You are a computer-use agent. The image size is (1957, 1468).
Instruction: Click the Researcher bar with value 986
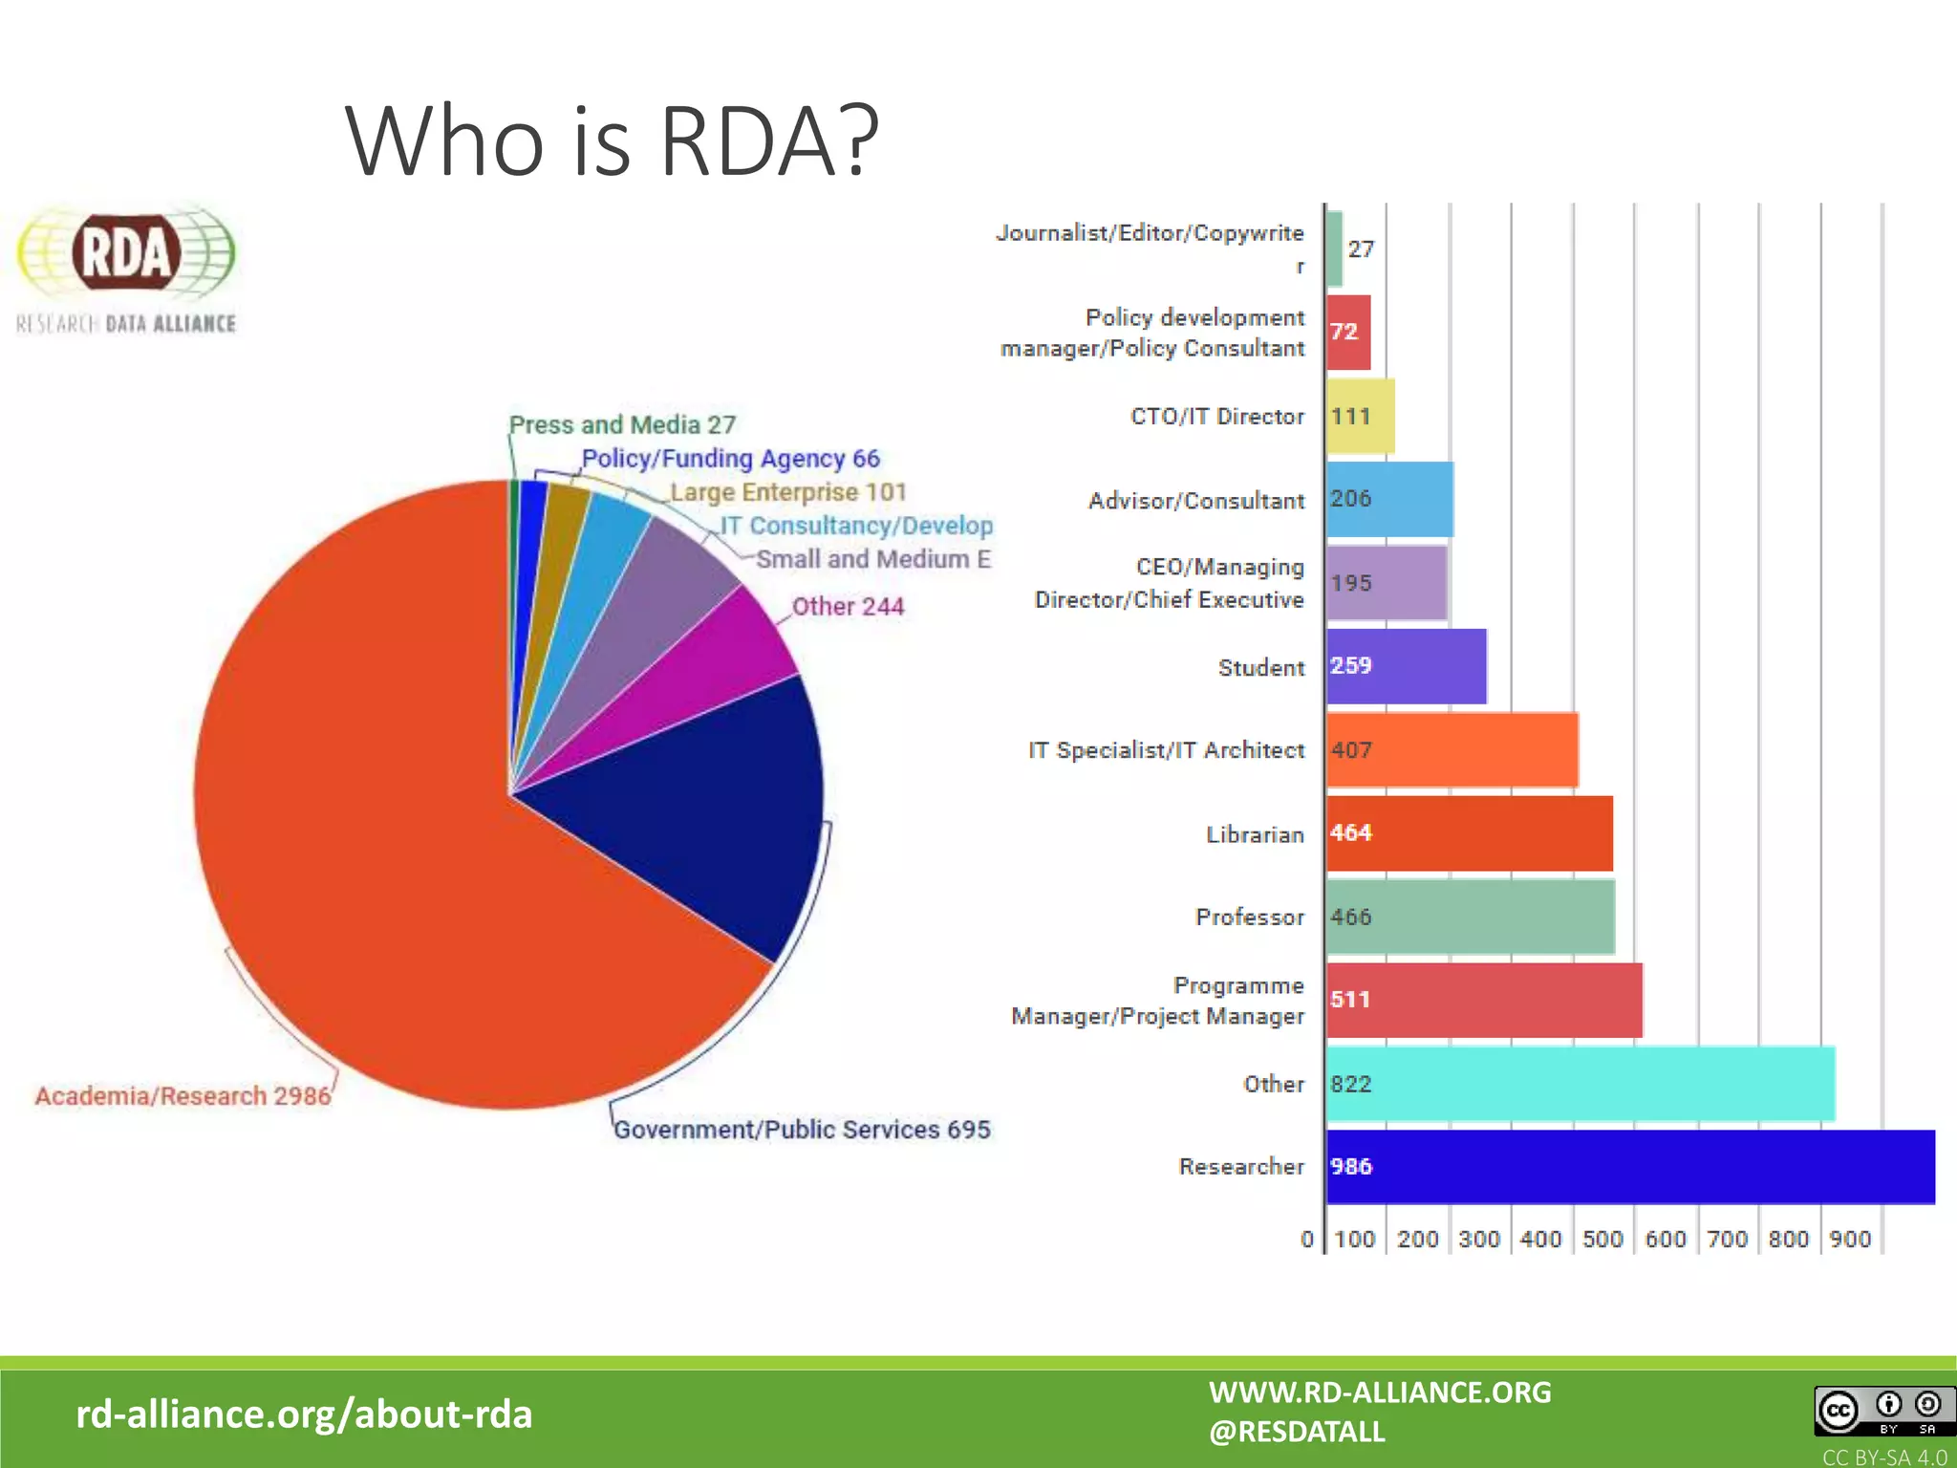click(1629, 1166)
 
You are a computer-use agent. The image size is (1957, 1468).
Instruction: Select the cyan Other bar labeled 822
click(1580, 1083)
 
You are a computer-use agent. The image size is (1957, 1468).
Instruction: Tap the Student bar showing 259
click(1406, 666)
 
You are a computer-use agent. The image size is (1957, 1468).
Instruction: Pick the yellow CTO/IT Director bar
click(1360, 416)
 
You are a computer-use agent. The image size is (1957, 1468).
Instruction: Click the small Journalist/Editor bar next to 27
click(1334, 248)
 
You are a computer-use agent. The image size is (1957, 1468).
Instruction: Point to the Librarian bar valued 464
click(1470, 832)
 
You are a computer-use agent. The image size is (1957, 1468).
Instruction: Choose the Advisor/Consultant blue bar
click(1389, 499)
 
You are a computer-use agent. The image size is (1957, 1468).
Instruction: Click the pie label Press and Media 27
click(622, 424)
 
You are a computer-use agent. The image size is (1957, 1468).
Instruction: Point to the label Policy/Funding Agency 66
click(731, 459)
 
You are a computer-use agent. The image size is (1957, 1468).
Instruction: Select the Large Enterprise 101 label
click(788, 492)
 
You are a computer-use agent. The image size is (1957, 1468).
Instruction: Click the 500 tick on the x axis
click(1602, 1239)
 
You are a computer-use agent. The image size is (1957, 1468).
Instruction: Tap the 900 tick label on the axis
click(1850, 1239)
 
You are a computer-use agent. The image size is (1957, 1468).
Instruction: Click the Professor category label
click(1250, 917)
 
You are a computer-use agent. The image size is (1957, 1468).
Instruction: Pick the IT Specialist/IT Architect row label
click(1166, 750)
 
